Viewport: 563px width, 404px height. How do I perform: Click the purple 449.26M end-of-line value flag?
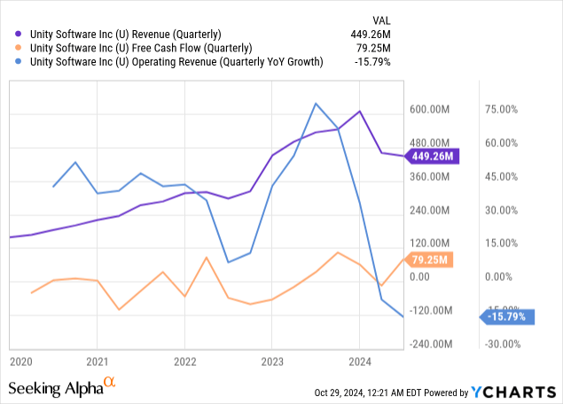(433, 157)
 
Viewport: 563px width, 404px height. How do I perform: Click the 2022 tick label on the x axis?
(185, 361)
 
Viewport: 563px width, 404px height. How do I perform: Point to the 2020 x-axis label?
(21, 361)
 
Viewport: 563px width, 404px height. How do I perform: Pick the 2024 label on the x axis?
(359, 361)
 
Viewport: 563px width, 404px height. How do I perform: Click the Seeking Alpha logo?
(60, 387)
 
